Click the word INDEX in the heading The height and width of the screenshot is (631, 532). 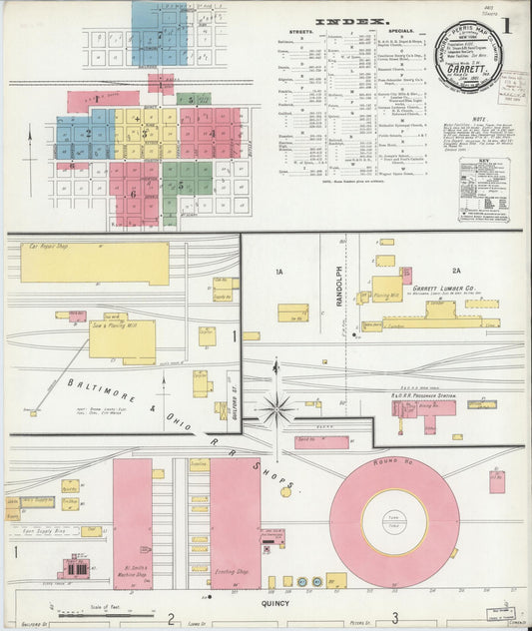pos(339,21)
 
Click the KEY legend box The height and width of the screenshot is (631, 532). pos(484,190)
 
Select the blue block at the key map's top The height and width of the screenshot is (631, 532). pos(160,32)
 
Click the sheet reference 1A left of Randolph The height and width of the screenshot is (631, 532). pos(279,271)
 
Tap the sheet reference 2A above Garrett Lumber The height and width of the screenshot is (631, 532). pos(458,271)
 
